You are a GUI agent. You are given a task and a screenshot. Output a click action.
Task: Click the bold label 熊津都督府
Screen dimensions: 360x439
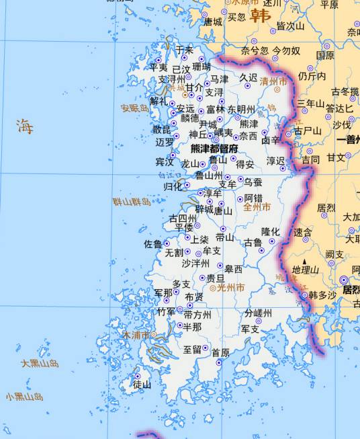[214, 149]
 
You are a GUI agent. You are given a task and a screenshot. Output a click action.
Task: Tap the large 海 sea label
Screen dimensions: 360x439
[25, 126]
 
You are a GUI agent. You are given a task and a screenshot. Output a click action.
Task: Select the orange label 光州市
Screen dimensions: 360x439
[231, 287]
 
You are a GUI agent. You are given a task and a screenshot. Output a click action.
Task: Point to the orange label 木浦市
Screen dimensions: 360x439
[135, 333]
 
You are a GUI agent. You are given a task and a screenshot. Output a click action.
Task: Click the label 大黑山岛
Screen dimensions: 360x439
[40, 363]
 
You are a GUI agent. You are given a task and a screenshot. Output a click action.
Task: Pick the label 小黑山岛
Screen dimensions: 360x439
[25, 397]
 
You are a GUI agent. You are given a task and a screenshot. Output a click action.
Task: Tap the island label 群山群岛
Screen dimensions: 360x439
[132, 202]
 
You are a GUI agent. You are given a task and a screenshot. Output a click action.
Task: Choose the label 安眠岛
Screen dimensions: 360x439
[134, 108]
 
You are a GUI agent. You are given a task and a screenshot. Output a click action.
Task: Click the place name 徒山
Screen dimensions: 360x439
[142, 385]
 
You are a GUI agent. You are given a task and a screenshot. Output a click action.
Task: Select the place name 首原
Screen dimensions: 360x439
[220, 353]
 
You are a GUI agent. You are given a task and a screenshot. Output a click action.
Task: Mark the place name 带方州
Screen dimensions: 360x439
[197, 315]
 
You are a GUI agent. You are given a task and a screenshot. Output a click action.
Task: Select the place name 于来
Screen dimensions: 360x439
[184, 50]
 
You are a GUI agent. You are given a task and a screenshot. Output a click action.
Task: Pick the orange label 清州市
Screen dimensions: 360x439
[273, 81]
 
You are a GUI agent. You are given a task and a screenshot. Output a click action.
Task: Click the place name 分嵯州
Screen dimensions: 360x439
[258, 313]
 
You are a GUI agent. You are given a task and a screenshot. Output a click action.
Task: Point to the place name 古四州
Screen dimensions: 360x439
[183, 218]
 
